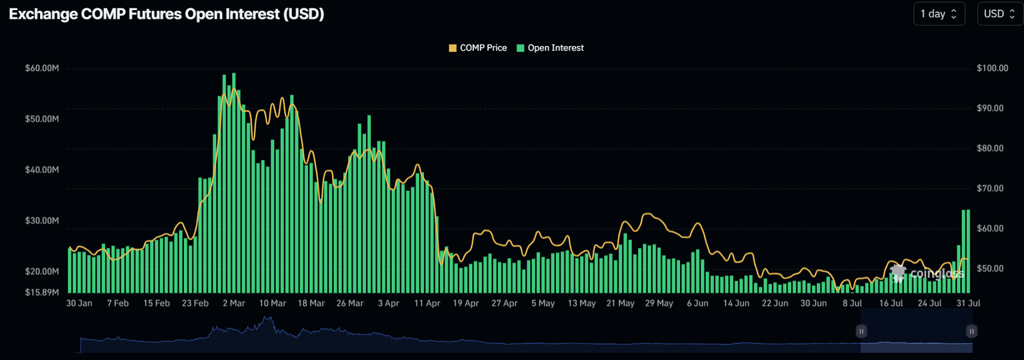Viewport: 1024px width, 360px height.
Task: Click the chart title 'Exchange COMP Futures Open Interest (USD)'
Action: tap(167, 14)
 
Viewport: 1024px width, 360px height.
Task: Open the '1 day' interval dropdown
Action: tap(939, 14)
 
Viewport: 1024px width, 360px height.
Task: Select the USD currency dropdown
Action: tap(999, 14)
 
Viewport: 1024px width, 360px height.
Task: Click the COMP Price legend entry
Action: tap(478, 48)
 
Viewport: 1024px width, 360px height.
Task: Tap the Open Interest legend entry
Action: tap(550, 48)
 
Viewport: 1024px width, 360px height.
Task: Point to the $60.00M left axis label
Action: tap(43, 69)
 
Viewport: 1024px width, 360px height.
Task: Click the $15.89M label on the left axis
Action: tap(43, 292)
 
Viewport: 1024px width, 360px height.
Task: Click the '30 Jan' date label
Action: tap(79, 303)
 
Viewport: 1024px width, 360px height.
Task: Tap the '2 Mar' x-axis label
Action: tap(233, 303)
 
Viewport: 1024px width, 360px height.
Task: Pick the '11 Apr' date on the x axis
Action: tap(427, 303)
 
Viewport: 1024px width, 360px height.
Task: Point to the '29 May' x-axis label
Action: tap(659, 303)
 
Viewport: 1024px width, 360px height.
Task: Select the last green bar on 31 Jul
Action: tap(968, 251)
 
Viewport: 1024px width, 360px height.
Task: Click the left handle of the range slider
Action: tap(861, 331)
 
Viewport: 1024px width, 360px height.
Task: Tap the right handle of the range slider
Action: tap(972, 331)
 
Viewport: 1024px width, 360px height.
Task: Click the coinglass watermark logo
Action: tap(927, 273)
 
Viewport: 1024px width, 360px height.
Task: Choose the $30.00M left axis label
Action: tap(43, 221)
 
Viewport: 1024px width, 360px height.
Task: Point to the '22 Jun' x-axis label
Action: tap(775, 303)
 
